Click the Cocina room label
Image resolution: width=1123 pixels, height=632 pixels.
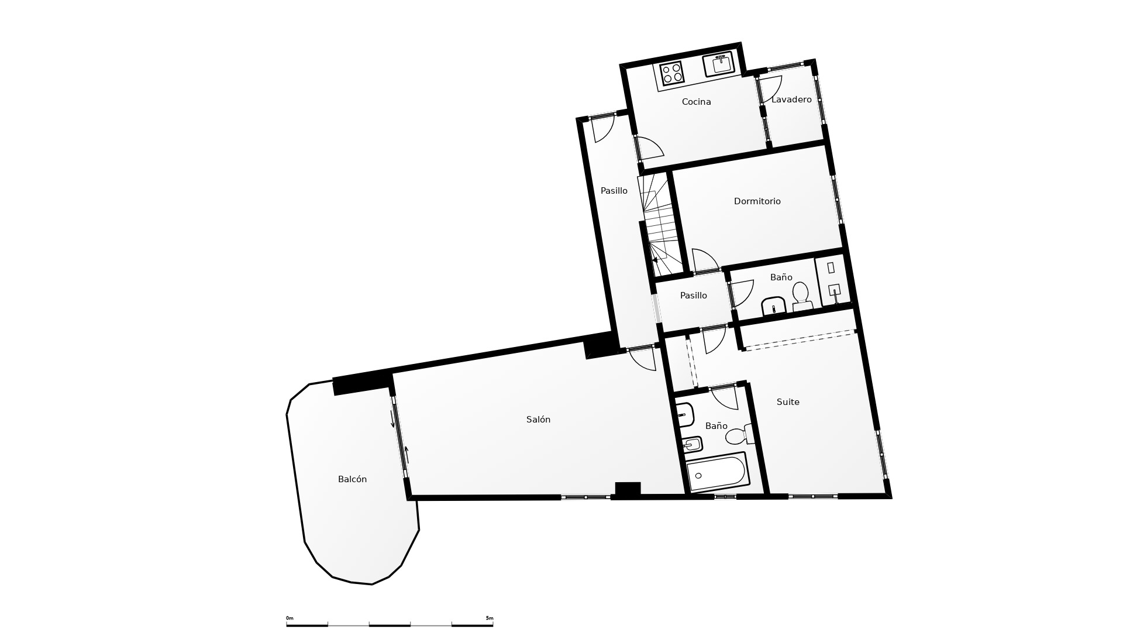click(x=696, y=102)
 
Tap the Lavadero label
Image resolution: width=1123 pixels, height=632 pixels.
click(x=791, y=99)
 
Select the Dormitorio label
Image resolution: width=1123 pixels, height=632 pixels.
click(x=757, y=201)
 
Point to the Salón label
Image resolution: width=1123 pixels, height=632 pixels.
click(x=538, y=420)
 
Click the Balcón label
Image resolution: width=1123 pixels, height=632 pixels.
click(x=352, y=479)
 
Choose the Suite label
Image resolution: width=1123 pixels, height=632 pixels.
click(x=788, y=402)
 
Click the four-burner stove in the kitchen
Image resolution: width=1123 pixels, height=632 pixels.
click(x=671, y=73)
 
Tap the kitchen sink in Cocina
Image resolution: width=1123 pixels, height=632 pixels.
click(x=719, y=64)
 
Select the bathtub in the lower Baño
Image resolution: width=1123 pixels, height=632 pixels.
click(x=718, y=472)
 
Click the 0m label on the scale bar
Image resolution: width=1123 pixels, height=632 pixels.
click(x=290, y=618)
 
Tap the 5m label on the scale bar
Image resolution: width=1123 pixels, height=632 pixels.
click(x=490, y=618)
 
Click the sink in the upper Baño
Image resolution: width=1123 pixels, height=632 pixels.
click(x=774, y=306)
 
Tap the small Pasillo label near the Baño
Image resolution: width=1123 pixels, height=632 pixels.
click(x=693, y=296)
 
